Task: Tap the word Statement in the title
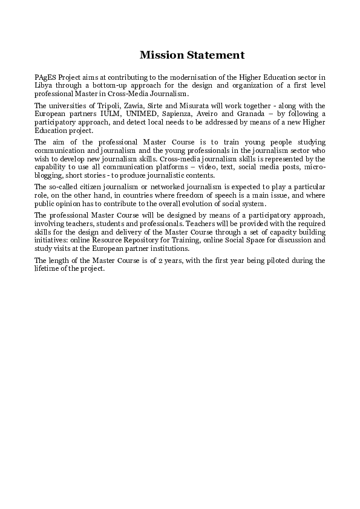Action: pyautogui.click(x=214, y=55)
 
